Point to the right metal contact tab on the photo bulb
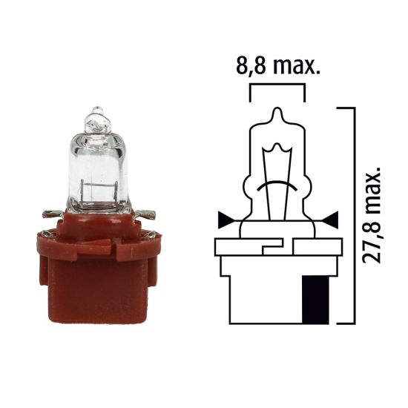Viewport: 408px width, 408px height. click(x=149, y=215)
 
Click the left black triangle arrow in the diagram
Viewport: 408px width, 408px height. click(x=223, y=220)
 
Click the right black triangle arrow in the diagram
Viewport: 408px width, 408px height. click(x=331, y=220)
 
